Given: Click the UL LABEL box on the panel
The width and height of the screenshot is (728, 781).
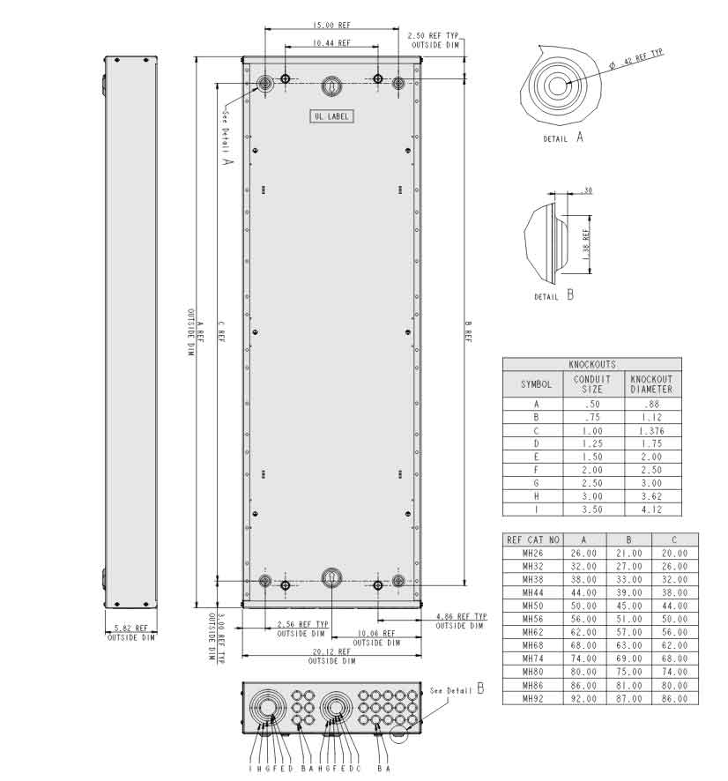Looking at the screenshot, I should [331, 116].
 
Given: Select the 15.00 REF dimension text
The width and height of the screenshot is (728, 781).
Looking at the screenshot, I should [331, 26].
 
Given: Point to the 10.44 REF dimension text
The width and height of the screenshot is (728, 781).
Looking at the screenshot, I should [331, 42].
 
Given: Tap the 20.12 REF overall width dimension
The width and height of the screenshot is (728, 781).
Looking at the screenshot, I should [331, 653].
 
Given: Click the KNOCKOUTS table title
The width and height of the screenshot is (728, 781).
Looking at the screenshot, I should [591, 364].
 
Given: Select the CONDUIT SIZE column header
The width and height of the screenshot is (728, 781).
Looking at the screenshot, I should [591, 383].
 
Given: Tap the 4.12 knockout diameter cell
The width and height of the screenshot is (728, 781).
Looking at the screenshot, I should [651, 510].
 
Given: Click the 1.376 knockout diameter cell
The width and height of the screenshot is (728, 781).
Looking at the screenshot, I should [651, 431].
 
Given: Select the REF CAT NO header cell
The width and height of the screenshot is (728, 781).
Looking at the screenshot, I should [531, 539].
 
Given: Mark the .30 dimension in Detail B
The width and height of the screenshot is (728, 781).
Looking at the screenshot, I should [586, 190].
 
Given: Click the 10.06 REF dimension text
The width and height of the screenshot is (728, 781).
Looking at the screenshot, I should [376, 634].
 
